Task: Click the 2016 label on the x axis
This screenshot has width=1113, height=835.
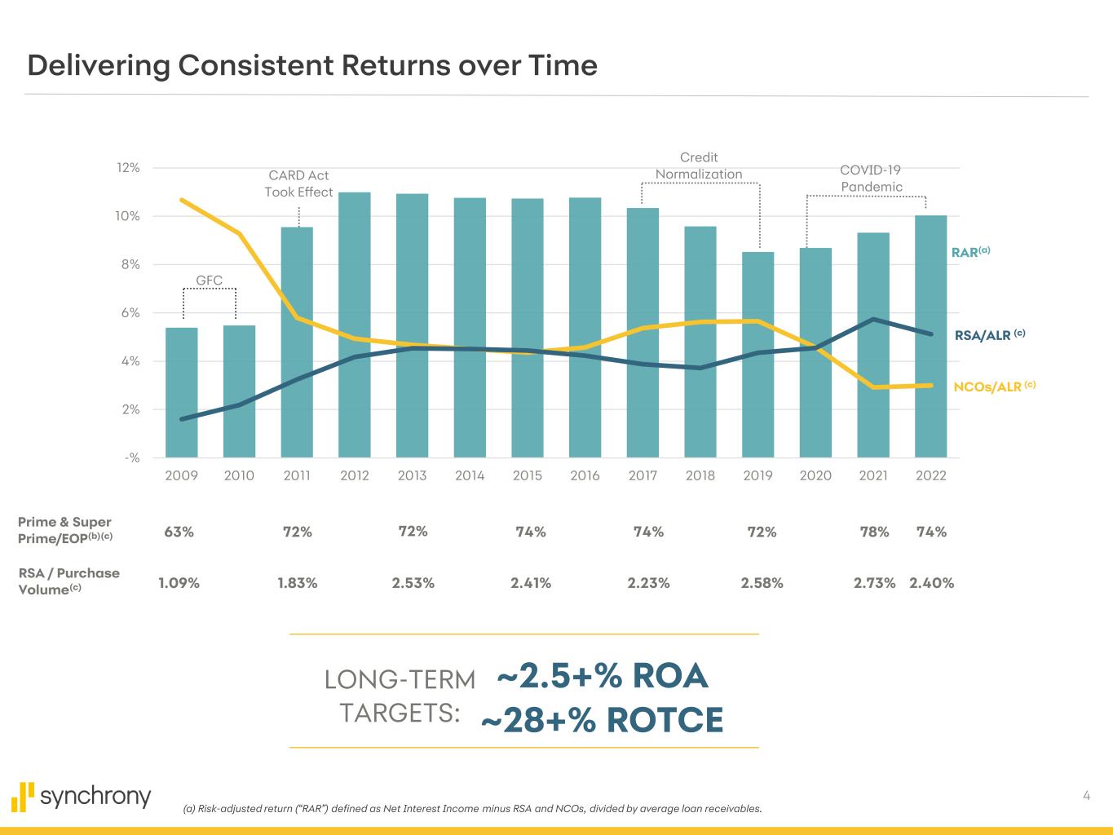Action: pos(585,475)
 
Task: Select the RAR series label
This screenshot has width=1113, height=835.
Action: pos(970,252)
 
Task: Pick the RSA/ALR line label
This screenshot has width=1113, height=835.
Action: pos(989,334)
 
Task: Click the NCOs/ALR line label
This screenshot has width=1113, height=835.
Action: pos(994,387)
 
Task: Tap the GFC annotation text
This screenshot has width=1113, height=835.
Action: pos(210,281)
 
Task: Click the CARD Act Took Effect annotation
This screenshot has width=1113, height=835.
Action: pos(298,183)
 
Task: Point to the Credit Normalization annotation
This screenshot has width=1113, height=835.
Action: pos(699,166)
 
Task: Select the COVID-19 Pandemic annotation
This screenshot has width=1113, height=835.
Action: pos(871,179)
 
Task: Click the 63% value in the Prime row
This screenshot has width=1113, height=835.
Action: pos(179,532)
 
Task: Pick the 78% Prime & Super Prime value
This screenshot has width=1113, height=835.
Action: pos(874,532)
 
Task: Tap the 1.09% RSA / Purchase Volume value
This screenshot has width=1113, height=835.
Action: pos(179,583)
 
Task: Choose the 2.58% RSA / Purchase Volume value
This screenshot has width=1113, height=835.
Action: pos(762,583)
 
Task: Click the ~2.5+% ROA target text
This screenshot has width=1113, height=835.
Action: pos(602,677)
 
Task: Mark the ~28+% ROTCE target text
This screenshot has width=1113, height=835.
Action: pos(602,721)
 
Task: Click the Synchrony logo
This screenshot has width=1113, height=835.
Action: pos(82,795)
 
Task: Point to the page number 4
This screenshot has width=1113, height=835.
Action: pos(1086,796)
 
